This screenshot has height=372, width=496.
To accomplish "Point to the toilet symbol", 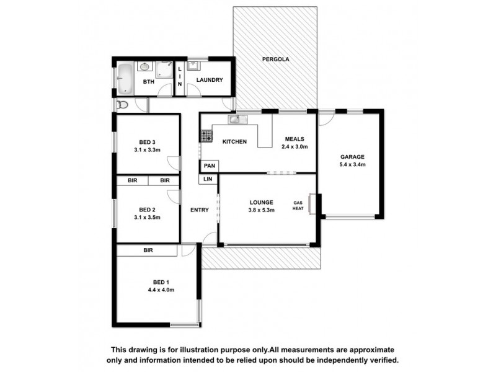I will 122,105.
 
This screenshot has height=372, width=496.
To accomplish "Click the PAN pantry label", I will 209,166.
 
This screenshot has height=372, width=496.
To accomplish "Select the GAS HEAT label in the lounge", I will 298,206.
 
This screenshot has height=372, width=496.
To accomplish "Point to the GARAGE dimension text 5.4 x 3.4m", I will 352,165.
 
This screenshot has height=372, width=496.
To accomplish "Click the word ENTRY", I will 199,210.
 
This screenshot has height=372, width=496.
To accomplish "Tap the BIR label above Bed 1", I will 148,250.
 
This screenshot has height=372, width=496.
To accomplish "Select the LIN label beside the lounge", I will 208,179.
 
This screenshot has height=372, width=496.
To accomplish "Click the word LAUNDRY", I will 205,81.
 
